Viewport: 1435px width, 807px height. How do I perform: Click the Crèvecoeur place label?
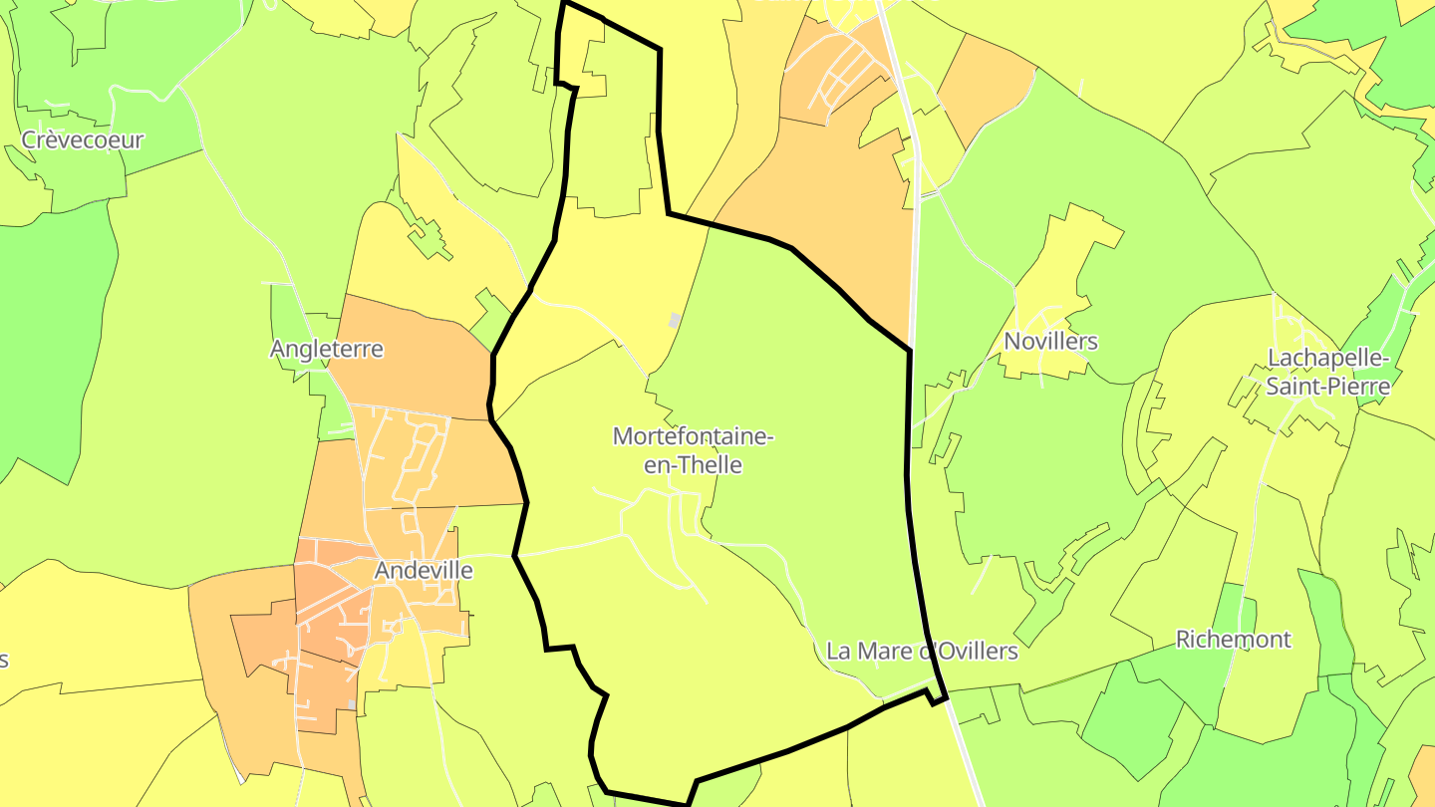[83, 139]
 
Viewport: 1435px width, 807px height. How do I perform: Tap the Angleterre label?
[327, 350]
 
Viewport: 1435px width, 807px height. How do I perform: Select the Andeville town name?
[424, 571]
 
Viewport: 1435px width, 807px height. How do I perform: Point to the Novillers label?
[1050, 342]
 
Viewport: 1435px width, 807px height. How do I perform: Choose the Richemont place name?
[1233, 640]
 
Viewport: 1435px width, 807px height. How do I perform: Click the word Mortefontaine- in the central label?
[693, 436]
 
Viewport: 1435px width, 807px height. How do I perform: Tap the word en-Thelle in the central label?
[693, 464]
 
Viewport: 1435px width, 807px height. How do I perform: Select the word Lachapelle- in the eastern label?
[1328, 358]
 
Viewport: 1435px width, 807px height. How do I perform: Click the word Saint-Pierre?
[1327, 386]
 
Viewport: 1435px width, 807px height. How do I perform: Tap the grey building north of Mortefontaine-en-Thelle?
[675, 320]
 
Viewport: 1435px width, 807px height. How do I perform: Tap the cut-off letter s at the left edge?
[4, 660]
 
